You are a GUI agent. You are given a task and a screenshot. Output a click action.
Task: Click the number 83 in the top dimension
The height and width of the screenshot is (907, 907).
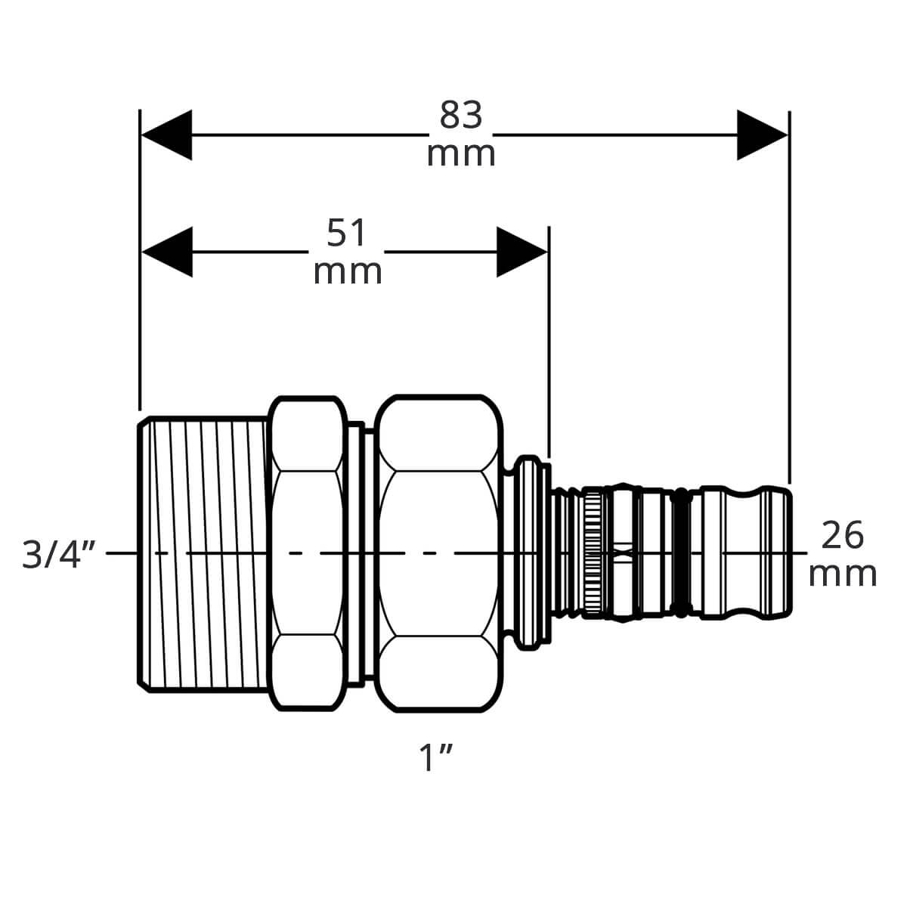tap(461, 115)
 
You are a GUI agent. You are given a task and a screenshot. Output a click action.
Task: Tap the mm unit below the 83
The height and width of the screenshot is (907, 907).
tap(461, 154)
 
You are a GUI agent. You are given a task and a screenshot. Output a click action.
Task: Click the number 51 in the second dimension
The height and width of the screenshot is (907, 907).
tap(346, 233)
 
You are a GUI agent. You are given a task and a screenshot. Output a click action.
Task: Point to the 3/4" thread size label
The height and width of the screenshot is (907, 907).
tap(59, 555)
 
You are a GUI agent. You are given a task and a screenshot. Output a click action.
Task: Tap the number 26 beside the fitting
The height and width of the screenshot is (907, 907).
tap(843, 534)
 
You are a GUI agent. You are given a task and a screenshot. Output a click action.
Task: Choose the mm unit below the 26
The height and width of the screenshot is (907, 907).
tap(843, 574)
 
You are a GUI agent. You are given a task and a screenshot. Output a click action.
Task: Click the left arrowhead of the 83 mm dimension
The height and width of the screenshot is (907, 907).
tap(166, 135)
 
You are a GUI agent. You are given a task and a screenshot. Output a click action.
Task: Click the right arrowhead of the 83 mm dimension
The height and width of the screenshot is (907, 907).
tap(763, 135)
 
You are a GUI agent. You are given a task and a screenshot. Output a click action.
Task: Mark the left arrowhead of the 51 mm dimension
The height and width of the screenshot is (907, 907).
tap(167, 252)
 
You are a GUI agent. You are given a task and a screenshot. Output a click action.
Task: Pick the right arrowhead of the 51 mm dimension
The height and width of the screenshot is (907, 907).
tap(522, 252)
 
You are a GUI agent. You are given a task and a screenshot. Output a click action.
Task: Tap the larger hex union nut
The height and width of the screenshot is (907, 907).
tap(438, 553)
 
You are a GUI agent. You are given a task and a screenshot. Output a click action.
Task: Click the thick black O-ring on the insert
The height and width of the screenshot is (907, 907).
tap(679, 553)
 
